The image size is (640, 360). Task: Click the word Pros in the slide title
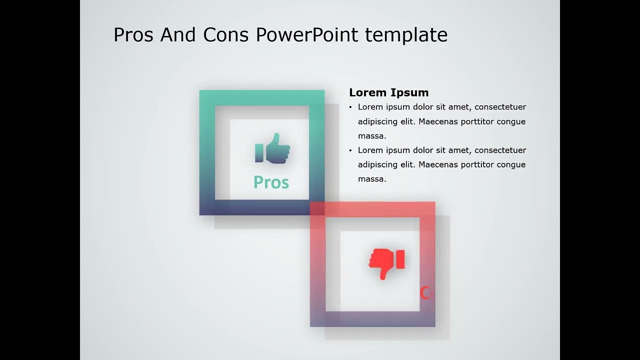133,35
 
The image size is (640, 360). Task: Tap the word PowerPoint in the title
307,35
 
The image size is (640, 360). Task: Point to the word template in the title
406,35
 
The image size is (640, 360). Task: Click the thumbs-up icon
272,148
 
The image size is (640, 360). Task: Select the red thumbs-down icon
386,263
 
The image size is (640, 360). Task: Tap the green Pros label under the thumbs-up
271,182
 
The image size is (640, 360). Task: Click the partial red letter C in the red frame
424,293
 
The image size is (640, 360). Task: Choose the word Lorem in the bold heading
368,92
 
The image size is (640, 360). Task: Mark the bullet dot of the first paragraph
350,107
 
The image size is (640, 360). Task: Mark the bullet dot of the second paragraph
350,150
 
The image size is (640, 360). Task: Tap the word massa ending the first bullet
372,136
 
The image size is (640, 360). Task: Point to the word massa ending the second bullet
372,179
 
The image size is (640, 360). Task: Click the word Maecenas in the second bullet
436,164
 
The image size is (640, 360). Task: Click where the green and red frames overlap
317,208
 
